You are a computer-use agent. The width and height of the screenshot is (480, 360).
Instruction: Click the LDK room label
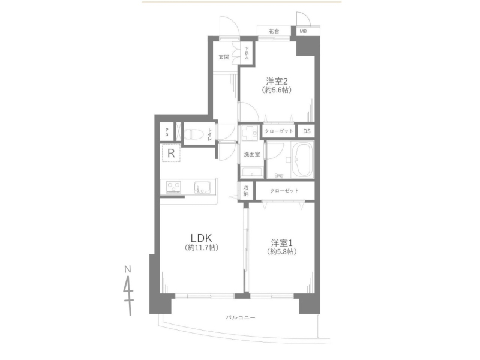[201, 238]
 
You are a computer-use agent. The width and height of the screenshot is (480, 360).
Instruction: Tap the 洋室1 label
[281, 243]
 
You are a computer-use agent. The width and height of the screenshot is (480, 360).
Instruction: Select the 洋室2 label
[277, 82]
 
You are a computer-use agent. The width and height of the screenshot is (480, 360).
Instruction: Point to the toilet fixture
[192, 134]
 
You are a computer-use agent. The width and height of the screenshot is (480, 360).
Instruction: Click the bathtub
[302, 160]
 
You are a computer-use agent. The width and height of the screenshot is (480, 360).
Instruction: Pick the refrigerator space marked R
[171, 153]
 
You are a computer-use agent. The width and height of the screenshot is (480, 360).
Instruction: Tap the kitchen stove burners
[173, 187]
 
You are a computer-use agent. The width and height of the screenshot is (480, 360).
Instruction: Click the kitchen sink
[203, 188]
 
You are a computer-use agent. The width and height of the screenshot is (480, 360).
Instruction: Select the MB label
[303, 31]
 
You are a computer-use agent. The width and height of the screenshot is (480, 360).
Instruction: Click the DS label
[307, 131]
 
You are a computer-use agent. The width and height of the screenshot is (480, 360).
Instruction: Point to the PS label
[167, 132]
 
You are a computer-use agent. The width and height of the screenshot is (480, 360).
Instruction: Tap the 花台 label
[274, 31]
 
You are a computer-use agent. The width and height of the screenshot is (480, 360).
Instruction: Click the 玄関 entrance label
[224, 57]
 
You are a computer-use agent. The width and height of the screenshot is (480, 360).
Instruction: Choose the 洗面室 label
[252, 154]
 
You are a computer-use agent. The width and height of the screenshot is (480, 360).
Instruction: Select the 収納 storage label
[246, 191]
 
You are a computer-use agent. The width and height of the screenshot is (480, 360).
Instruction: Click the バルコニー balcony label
[241, 318]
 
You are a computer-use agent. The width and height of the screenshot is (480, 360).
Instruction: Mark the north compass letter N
[128, 269]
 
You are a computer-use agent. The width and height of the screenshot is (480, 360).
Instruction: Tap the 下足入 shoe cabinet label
[247, 53]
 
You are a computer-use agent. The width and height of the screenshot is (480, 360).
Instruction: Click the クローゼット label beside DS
[278, 131]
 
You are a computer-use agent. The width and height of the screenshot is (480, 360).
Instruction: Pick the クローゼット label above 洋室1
[284, 191]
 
